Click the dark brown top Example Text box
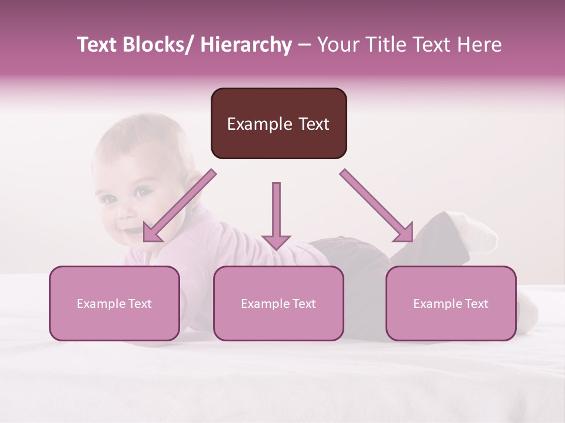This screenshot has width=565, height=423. click(x=278, y=123)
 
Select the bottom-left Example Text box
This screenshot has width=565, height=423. click(x=114, y=303)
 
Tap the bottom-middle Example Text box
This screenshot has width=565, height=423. click(x=278, y=303)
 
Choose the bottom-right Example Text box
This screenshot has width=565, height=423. click(x=451, y=303)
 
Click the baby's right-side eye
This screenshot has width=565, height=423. click(x=142, y=192)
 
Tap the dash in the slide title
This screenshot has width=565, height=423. click(x=304, y=45)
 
